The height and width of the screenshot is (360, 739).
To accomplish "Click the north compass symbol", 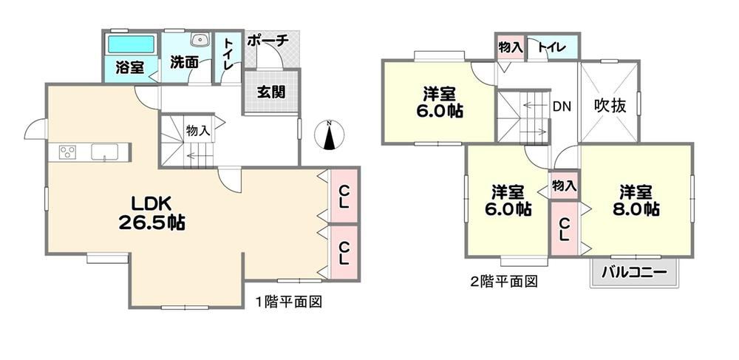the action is coord(330,135).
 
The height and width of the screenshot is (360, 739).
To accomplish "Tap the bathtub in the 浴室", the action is coord(132,44).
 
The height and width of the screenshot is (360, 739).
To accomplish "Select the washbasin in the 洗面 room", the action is coord(200,40).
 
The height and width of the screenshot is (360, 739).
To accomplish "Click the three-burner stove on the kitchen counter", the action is coord(68,153).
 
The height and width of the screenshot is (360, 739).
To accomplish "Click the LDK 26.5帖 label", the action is coord(151,214).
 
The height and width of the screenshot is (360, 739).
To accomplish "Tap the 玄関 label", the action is coord(271,92).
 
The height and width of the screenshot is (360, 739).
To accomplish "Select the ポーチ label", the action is coord(268,41).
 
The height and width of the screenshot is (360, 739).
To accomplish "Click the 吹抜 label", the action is coord(610,106).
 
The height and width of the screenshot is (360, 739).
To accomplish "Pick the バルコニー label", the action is coord(634,273).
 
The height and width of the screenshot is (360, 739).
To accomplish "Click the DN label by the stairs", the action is coord(562,107).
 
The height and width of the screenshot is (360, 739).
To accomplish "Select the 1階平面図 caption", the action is coord(289,302).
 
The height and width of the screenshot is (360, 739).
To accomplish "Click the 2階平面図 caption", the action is coord(504,282).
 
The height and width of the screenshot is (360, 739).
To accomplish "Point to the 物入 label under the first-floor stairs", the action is coord(198,131).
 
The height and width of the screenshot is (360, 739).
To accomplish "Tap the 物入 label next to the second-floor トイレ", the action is coord(511,47).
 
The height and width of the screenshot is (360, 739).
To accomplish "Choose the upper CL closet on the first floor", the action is coord(344,196).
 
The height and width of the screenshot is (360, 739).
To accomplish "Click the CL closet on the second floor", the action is coord(564,229).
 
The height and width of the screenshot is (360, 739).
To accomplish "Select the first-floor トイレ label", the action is coord(228,55).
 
